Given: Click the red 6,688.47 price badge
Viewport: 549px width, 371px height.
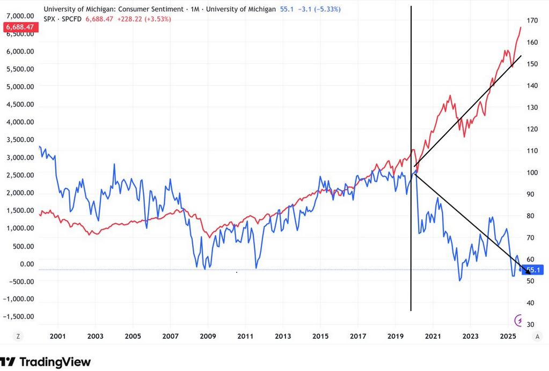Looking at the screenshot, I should tap(19, 27).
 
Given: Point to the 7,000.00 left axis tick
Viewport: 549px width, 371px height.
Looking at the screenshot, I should tap(19, 16).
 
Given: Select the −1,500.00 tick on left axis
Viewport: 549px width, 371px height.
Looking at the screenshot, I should tap(19, 316).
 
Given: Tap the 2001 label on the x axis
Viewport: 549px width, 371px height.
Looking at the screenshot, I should tap(57, 337).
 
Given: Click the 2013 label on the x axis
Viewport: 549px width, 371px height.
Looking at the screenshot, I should tap(283, 337).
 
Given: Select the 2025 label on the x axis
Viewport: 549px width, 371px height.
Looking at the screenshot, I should tap(508, 337).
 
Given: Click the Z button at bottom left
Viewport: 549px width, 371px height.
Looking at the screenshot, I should tap(18, 336).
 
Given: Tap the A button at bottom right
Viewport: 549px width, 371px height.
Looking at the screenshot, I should tap(537, 336).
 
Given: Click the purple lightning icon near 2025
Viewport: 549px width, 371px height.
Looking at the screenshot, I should tap(518, 320).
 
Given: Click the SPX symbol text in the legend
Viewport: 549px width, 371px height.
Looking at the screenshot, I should tap(49, 19).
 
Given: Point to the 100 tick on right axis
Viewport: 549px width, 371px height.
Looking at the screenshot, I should tap(532, 173).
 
